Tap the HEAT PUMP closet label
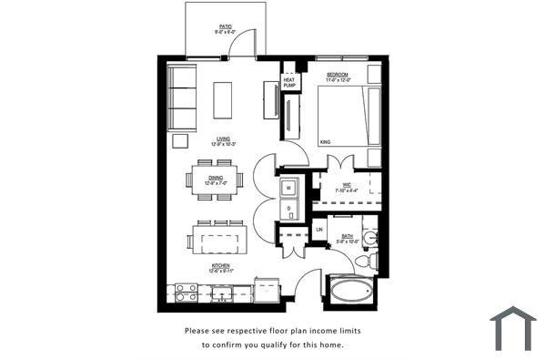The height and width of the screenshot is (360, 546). (x=289, y=81)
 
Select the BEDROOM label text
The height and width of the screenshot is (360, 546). (x=339, y=72)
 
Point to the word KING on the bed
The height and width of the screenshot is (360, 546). (x=326, y=141)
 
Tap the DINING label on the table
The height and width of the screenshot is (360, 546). (x=216, y=178)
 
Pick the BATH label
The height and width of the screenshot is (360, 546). (x=347, y=235)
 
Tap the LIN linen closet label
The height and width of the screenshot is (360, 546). (x=319, y=230)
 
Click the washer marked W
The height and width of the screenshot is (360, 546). (x=288, y=188)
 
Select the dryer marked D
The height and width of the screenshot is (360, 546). (x=288, y=209)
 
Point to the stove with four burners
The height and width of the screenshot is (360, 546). (x=186, y=293)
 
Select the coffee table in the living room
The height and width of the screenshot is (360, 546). (x=223, y=99)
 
